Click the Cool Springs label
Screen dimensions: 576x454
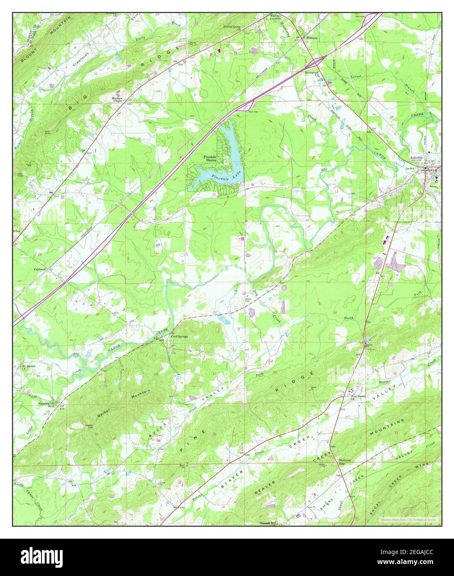pyautogui.click(x=180, y=336)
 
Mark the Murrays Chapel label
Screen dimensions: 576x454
pyautogui.click(x=120, y=99)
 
